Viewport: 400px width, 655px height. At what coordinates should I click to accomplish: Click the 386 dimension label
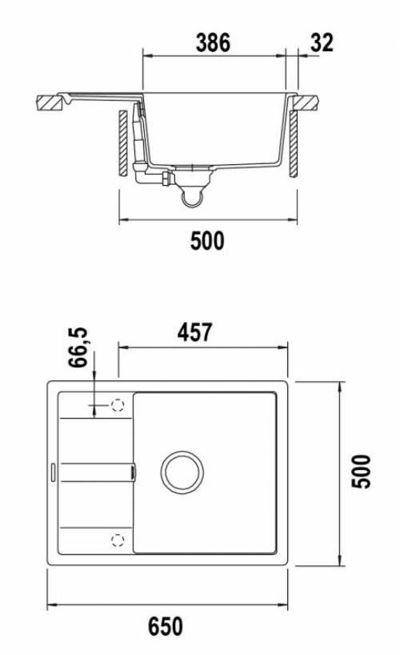pos(213,43)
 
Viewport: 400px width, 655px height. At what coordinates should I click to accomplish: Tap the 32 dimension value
pos(322,43)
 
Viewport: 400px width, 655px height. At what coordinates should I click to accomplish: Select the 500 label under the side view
pos(207,241)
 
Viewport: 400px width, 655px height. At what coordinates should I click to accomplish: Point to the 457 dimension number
pos(195,332)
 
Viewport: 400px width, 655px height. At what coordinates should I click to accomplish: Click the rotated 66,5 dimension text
pos(78,348)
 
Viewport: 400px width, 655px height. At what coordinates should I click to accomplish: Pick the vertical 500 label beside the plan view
pos(361,472)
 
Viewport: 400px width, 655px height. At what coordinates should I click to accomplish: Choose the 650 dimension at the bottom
pos(166,626)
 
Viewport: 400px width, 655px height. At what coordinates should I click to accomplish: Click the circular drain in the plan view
pos(182,472)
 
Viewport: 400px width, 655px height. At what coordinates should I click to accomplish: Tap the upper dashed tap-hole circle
pos(118,405)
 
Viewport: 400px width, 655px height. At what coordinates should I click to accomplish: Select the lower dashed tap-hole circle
pos(118,540)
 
